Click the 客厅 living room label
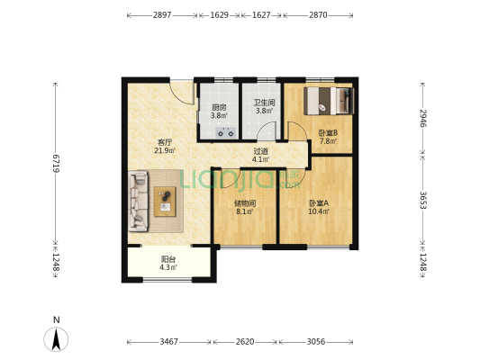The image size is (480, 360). coord(165,142)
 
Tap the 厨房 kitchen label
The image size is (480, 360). coord(219,108)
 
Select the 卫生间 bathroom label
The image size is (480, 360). coord(264,103)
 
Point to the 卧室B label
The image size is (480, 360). coord(328,133)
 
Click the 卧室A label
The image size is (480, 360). coord(319,203)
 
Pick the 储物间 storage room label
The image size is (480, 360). coord(245,203)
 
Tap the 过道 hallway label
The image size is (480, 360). coord(261,151)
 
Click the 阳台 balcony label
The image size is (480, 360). coord(168,259)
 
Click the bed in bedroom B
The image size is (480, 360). coord(329,101)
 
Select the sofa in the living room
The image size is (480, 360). coord(139,201)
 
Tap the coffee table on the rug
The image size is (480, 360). coord(165,202)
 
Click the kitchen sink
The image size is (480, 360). coord(226,132)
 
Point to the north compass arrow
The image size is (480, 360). coord(56,339)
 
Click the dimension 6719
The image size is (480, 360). coord(56,164)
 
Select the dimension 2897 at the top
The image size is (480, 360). coord(162,15)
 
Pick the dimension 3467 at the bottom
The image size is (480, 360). coord(168,342)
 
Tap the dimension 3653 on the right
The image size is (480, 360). coord(423,201)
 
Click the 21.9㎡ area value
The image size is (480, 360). coord(165,150)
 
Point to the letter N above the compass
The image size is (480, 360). coord(57,319)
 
